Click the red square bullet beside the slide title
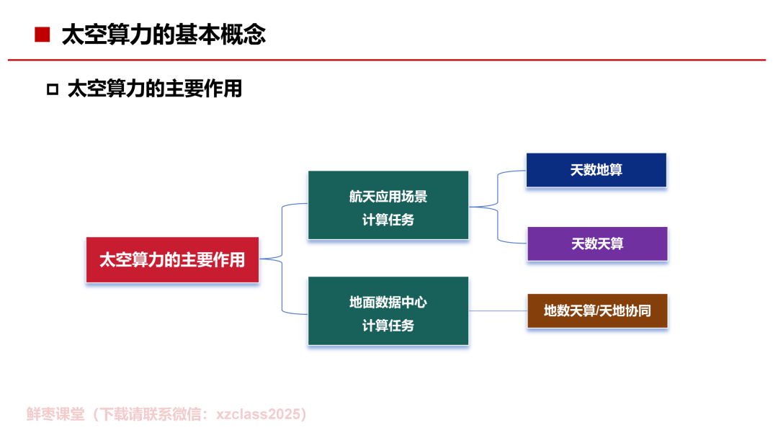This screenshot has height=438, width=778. click(x=43, y=35)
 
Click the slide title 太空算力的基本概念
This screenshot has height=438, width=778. click(x=164, y=35)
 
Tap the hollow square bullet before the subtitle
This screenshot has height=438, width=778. click(x=53, y=89)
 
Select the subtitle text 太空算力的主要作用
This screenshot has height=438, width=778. click(x=155, y=89)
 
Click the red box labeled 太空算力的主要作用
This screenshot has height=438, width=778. click(x=172, y=260)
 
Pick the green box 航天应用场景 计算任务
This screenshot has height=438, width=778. click(x=388, y=205)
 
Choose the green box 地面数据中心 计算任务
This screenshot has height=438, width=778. click(x=388, y=311)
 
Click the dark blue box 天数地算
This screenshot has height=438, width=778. click(x=596, y=170)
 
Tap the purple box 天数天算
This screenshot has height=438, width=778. click(x=597, y=243)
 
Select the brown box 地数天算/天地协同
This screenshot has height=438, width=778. click(x=597, y=311)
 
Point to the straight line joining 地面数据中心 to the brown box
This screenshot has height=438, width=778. click(x=498, y=311)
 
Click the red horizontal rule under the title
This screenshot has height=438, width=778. click(x=387, y=60)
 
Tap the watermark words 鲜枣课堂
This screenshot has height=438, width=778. click(x=55, y=414)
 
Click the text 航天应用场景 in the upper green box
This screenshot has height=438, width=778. click(x=388, y=197)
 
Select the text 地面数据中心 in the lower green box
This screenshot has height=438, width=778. click(x=388, y=302)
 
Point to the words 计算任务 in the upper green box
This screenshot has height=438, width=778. click(x=388, y=220)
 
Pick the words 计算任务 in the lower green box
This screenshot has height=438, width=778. click(x=388, y=326)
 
